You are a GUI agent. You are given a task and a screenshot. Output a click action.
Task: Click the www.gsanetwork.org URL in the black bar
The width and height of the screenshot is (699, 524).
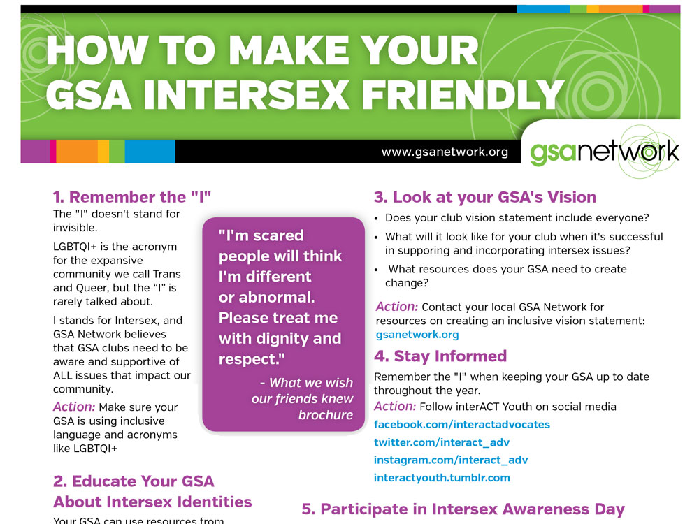click(445, 152)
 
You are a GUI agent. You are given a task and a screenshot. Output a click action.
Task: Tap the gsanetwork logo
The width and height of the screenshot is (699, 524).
click(604, 152)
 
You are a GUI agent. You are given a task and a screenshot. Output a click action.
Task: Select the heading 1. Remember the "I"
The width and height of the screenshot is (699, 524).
click(132, 197)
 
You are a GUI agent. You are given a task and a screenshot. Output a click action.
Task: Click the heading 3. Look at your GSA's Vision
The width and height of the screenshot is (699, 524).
click(485, 197)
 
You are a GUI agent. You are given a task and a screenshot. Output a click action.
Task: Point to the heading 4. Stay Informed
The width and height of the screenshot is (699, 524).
click(440, 356)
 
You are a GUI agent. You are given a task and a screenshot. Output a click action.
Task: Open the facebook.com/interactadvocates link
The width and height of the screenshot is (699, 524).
click(462, 425)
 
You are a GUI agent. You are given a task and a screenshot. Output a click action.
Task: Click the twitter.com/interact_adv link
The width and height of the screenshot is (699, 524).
click(441, 442)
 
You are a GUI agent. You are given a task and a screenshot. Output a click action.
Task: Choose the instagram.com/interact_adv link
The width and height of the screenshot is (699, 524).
click(451, 460)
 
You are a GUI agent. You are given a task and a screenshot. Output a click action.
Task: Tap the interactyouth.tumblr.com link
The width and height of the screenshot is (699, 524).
click(442, 478)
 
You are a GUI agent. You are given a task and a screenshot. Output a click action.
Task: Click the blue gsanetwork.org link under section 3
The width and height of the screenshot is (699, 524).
click(417, 335)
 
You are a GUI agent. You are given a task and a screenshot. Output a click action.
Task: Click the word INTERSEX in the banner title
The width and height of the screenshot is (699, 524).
click(247, 94)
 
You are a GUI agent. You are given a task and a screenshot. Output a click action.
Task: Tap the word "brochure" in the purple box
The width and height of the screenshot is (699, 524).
click(326, 415)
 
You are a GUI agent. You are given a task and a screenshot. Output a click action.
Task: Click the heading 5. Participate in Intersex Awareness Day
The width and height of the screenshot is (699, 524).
click(463, 509)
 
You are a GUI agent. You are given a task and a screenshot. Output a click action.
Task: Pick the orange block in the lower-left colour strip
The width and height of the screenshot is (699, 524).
click(77, 152)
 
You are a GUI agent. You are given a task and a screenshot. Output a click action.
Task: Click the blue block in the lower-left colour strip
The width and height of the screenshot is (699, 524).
click(150, 152)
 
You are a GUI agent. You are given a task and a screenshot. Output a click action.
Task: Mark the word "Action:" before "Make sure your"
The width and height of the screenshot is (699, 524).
click(74, 407)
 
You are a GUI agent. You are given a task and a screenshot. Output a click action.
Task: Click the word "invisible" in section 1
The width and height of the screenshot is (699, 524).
click(75, 228)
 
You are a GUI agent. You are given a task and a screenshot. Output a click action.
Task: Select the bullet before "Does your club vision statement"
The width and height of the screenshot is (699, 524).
click(376, 219)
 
